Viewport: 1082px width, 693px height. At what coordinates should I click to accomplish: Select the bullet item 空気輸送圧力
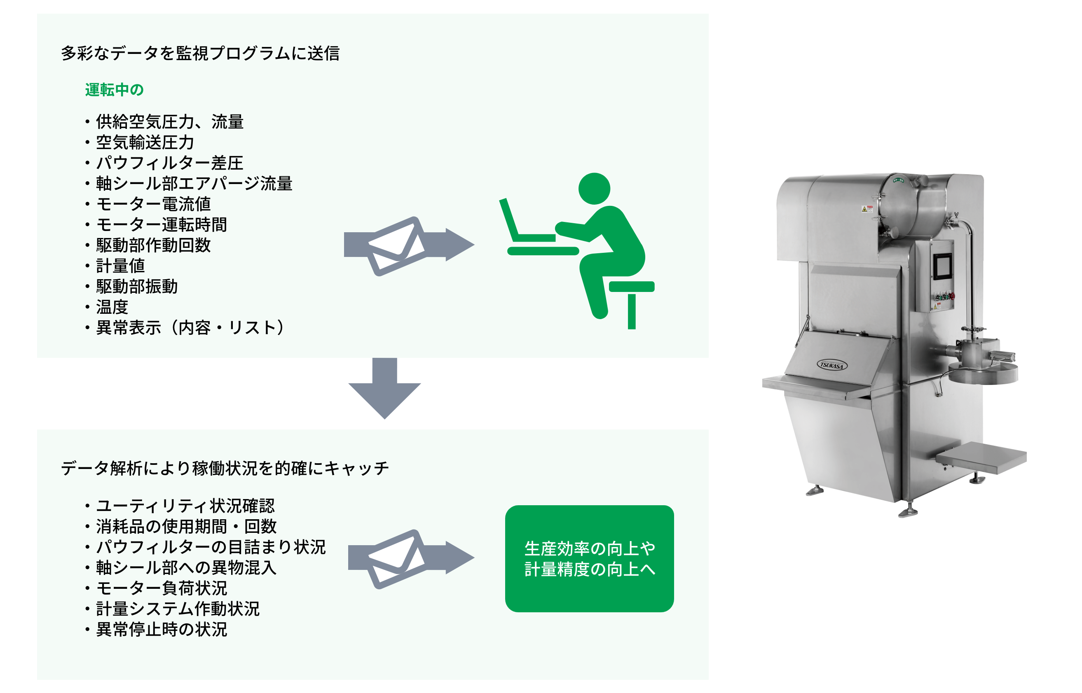(145, 142)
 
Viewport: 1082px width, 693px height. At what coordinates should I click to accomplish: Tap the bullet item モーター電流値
(153, 204)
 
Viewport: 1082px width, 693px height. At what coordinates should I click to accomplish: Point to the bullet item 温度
(112, 307)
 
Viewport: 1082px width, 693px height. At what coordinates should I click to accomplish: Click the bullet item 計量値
(120, 266)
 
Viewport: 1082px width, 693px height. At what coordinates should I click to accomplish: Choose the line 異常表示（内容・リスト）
(190, 328)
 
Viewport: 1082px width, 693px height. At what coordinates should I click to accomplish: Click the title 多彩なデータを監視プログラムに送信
(200, 53)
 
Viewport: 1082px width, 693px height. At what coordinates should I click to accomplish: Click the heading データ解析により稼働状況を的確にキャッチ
(225, 468)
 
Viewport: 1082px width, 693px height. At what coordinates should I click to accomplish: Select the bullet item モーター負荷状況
(161, 588)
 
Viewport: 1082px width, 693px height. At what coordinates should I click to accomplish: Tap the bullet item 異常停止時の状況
(161, 629)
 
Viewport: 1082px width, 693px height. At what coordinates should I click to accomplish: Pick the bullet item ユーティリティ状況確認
(185, 506)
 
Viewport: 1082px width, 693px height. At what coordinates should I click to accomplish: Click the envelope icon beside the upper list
(396, 246)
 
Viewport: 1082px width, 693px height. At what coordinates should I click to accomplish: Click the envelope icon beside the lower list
(396, 559)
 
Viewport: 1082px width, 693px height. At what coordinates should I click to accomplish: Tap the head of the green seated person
(594, 189)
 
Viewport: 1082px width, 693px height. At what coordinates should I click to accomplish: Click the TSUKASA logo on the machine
(831, 365)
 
